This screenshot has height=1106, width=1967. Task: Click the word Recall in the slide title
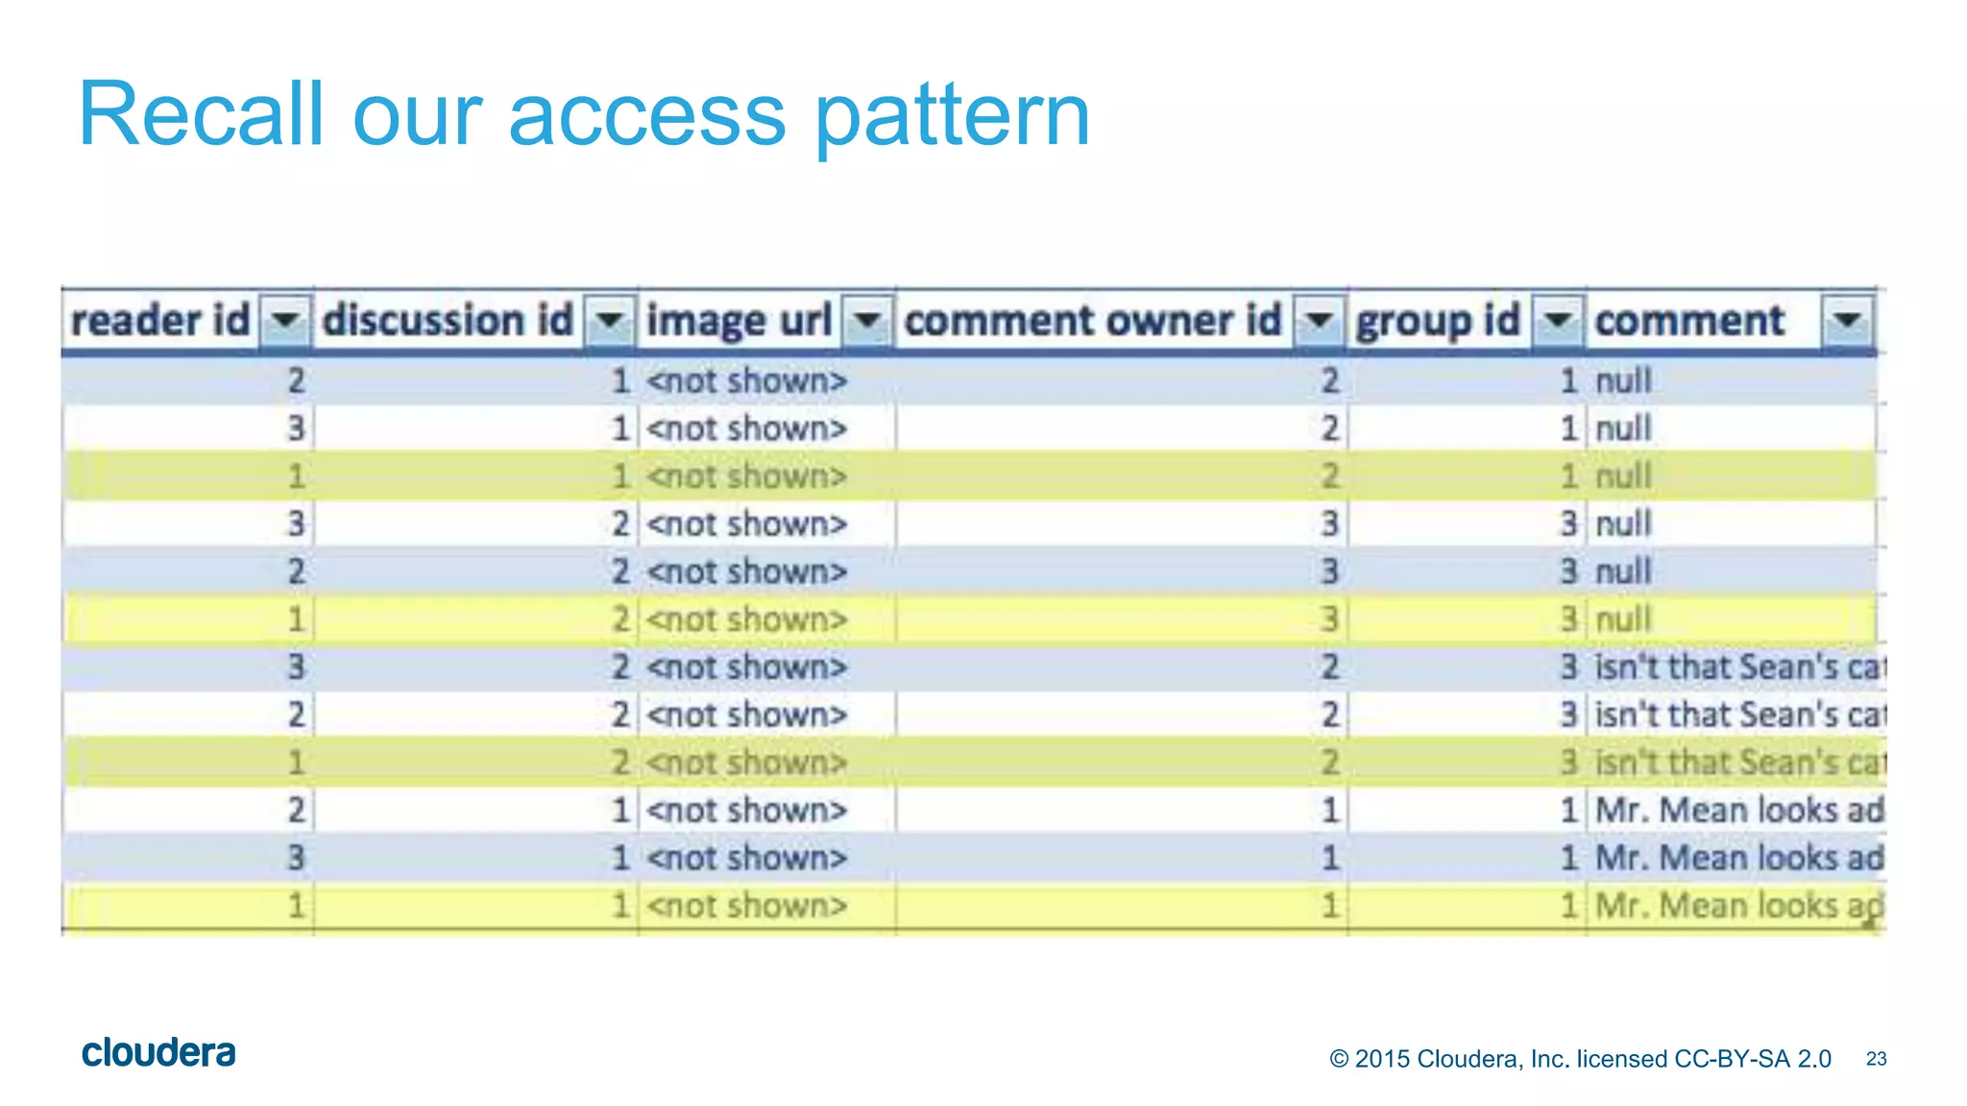click(x=200, y=114)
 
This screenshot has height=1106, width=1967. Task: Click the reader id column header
click(x=160, y=321)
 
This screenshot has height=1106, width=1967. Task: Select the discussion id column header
click(x=448, y=321)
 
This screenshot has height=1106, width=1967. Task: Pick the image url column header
click(x=739, y=321)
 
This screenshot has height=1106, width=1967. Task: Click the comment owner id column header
click(x=1093, y=321)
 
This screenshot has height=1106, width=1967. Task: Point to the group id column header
click(x=1438, y=321)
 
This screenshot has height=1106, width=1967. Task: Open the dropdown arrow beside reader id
click(x=286, y=320)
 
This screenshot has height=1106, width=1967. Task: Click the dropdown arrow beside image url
click(x=867, y=320)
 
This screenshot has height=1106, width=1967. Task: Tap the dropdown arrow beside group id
click(x=1558, y=320)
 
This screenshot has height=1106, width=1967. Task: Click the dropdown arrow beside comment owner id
click(x=1320, y=320)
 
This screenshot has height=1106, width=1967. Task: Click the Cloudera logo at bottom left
click(x=158, y=1053)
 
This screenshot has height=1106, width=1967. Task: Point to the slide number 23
click(x=1876, y=1059)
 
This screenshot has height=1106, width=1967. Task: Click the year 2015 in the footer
click(x=1382, y=1059)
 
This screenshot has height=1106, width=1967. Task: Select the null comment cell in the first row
click(x=1623, y=381)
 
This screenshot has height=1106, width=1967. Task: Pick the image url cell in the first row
click(x=747, y=381)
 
